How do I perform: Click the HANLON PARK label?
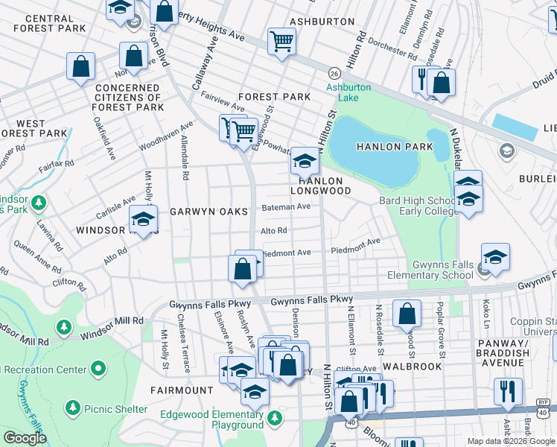(394, 147)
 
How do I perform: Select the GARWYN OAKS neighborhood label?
(209, 212)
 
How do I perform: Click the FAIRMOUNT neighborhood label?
(182, 390)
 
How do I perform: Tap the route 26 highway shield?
(335, 73)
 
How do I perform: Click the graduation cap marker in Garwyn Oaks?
(143, 219)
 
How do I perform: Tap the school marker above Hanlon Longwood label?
(304, 159)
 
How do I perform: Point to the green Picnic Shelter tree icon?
(72, 408)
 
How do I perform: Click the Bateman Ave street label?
(285, 206)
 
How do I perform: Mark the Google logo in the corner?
(25, 438)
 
